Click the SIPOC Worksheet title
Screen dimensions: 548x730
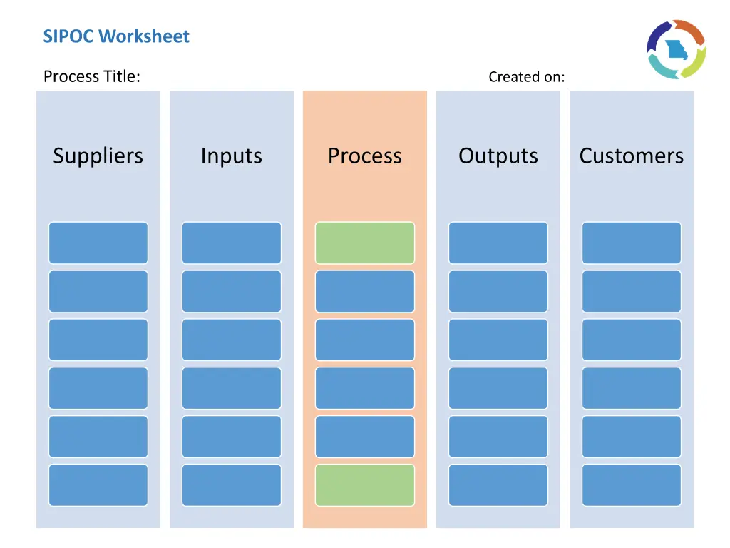[116, 36]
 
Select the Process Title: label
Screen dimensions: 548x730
[91, 76]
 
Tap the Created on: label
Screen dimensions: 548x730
[526, 77]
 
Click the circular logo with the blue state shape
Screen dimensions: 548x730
[676, 49]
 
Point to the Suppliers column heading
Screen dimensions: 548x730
[98, 156]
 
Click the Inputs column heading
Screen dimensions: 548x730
[231, 156]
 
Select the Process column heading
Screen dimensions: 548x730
[364, 156]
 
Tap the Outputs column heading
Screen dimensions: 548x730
[498, 156]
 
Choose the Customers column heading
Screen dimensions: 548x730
[631, 156]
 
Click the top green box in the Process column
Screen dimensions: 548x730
[364, 243]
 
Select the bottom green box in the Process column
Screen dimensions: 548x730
[364, 485]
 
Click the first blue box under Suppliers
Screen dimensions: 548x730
[98, 243]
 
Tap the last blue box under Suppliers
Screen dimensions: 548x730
[98, 485]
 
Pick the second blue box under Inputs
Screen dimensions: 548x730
[232, 291]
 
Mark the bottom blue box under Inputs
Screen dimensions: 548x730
[232, 485]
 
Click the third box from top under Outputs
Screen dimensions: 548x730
[498, 340]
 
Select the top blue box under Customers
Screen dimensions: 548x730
[632, 243]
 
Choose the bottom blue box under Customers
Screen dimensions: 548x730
[632, 485]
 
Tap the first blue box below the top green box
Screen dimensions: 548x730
[364, 291]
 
